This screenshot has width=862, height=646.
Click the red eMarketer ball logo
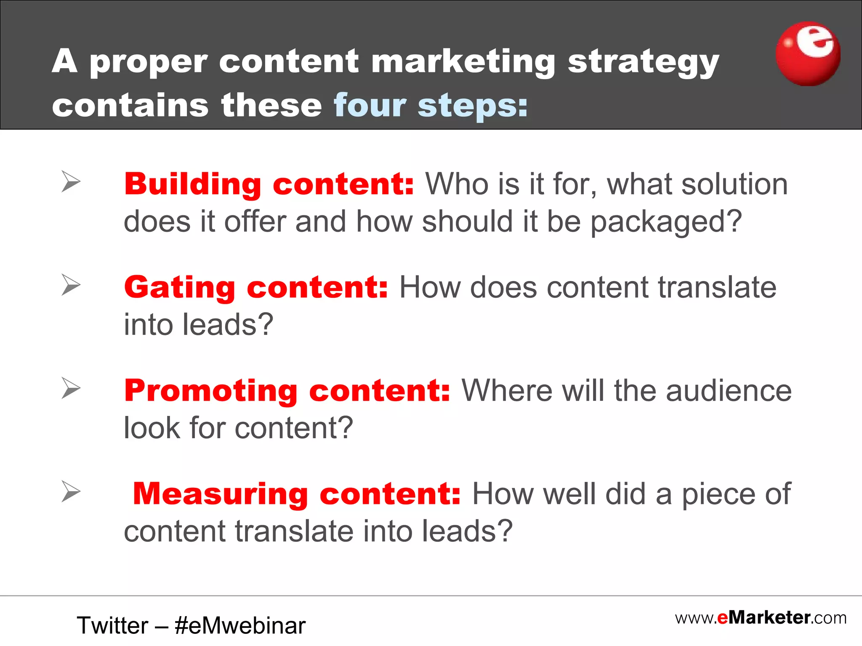click(808, 54)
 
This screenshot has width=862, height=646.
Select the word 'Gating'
click(180, 288)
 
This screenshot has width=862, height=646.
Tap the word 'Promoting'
click(211, 391)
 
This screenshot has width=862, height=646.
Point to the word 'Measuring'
click(221, 494)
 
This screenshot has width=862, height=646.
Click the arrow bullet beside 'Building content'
click(71, 182)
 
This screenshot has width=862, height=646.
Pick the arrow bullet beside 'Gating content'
click(71, 285)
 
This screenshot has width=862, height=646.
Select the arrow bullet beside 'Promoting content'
click(71, 388)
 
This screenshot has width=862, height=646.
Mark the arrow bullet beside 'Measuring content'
click(71, 491)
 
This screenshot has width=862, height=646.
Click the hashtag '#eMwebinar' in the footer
click(240, 625)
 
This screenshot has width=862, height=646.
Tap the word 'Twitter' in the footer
click(112, 625)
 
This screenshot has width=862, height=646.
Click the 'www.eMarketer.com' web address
click(761, 618)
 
